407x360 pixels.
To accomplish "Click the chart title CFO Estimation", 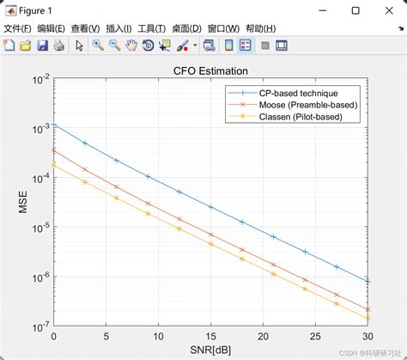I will (x=211, y=70).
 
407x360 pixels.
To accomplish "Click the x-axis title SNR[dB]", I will (x=211, y=351).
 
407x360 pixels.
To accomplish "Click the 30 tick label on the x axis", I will (x=368, y=337).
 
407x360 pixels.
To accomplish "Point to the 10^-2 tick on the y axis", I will (x=38, y=80).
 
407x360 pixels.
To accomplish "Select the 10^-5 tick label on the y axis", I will (x=38, y=228).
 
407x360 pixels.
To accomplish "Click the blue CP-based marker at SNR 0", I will (x=53, y=125).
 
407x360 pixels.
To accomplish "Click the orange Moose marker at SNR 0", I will (x=53, y=149).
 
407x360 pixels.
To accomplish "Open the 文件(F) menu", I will (x=17, y=28).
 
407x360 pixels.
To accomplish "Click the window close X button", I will (x=387, y=10).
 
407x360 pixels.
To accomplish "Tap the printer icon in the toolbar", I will (x=58, y=45).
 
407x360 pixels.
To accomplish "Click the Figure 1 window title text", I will (x=37, y=10).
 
